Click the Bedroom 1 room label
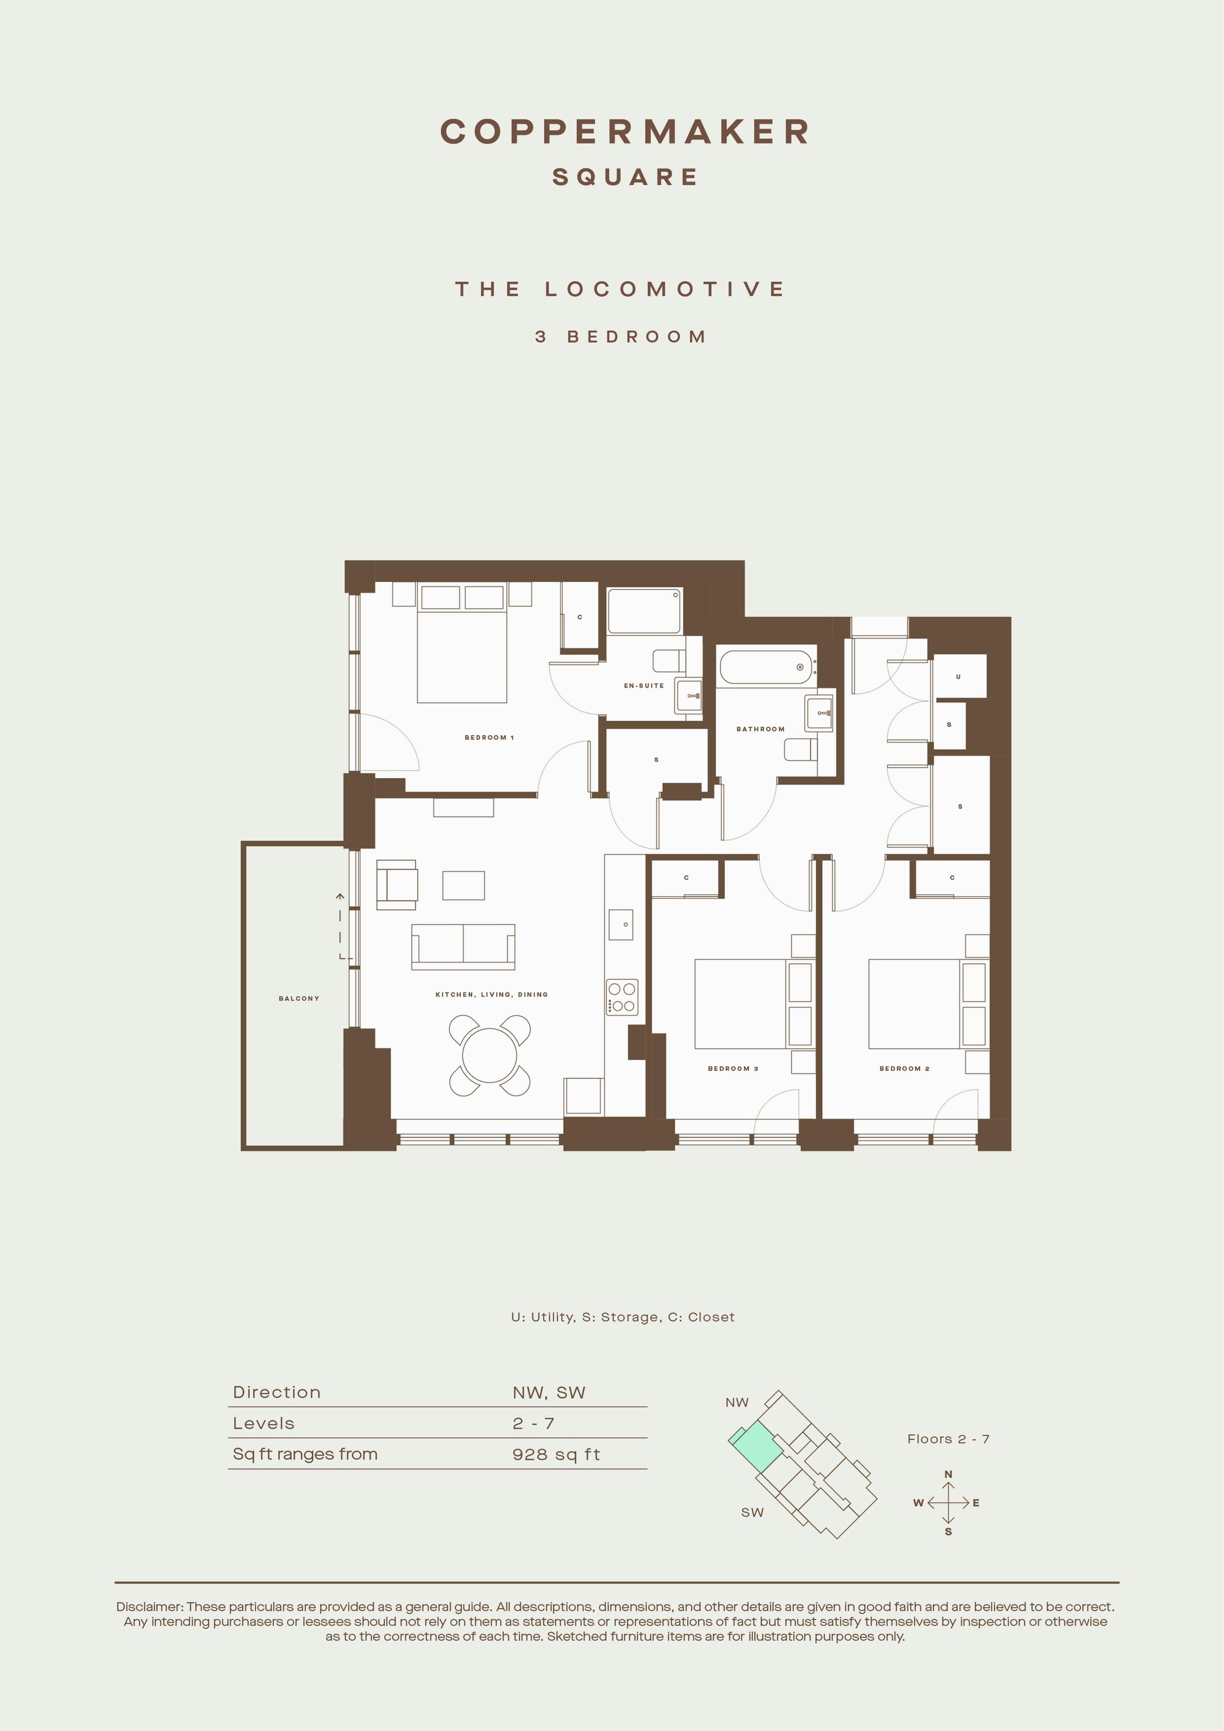tap(489, 737)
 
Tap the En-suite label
tap(644, 685)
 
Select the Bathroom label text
tap(760, 729)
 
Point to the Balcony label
tap(299, 998)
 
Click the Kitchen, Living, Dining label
tap(491, 994)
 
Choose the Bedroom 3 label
tap(733, 1068)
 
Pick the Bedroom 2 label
tap(904, 1068)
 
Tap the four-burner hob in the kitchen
tap(622, 997)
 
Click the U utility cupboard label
tap(958, 677)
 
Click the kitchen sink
tap(620, 924)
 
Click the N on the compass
tap(948, 1474)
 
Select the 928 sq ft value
tap(556, 1454)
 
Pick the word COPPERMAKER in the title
tap(625, 131)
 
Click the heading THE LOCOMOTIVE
tap(620, 289)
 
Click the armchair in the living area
tap(397, 884)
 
